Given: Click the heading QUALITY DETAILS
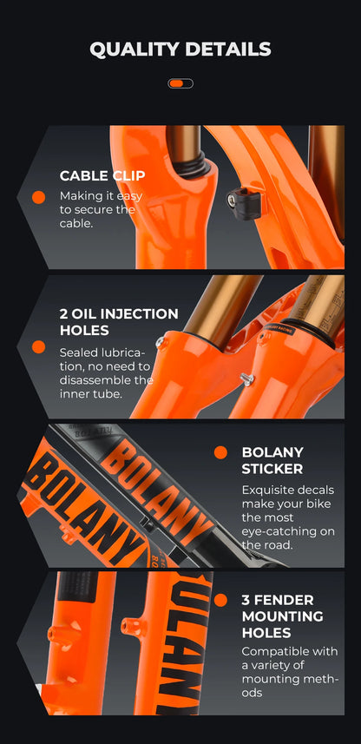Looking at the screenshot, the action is pos(180,49).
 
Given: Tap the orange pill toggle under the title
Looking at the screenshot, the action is pos(180,83).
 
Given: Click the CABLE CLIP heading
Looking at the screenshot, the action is pos(102,175).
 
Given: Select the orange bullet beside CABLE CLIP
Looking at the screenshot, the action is pos(38,197).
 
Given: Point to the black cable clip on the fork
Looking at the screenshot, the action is pos(244,201).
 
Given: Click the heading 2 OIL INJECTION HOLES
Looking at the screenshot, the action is pos(119,322).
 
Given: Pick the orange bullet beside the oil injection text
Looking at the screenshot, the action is pos(38,347).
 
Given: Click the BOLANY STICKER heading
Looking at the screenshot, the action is pos(272,460).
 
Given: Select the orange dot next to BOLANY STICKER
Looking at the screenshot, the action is pos(220,452).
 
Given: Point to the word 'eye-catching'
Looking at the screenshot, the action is pos(272,531).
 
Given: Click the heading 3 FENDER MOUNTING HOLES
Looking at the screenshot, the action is pos(283,616).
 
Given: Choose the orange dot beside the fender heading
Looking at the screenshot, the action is pos(220,600).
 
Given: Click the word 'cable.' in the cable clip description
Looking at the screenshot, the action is pos(75,223).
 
